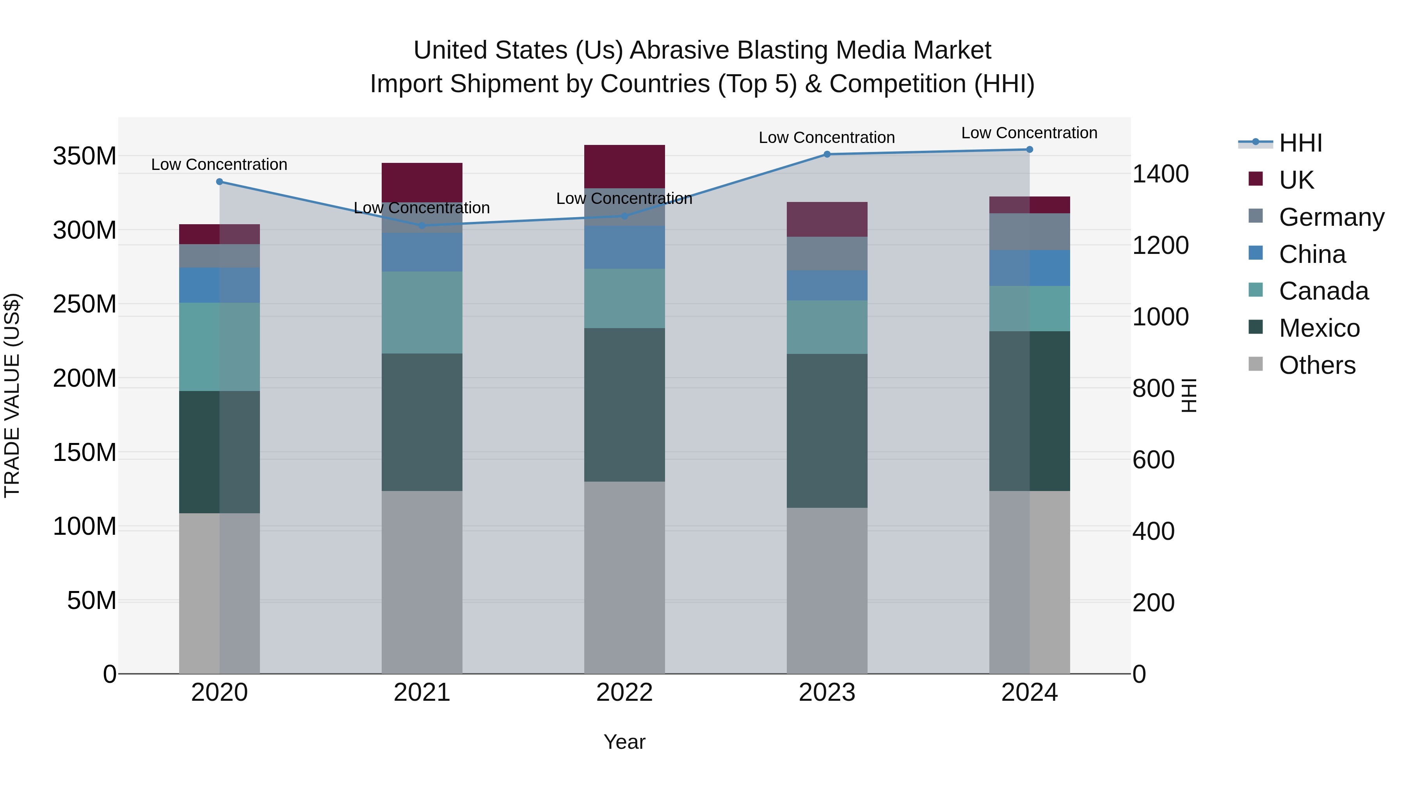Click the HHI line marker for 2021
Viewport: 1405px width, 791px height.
tap(421, 225)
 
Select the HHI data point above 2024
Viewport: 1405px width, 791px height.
tap(1029, 150)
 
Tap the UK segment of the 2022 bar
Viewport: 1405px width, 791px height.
tap(624, 166)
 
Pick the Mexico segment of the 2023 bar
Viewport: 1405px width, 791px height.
tap(827, 431)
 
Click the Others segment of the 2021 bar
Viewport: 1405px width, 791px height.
tap(421, 582)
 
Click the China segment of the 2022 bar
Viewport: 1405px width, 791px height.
tap(624, 247)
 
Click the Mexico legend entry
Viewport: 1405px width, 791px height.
tap(1319, 328)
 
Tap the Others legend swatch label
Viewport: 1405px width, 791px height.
tap(1317, 365)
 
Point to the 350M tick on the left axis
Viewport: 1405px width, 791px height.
tap(85, 156)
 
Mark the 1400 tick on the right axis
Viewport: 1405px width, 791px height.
tap(1161, 174)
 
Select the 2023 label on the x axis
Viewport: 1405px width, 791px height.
tap(827, 693)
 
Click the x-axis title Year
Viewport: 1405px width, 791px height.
tap(624, 742)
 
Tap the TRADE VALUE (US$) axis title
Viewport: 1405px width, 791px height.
tap(12, 395)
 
